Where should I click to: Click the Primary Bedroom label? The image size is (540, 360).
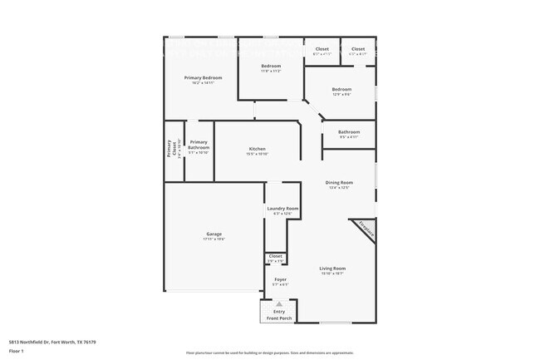(x=203, y=77)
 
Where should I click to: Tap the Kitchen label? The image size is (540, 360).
(x=257, y=149)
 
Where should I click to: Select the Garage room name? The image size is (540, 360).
(x=214, y=234)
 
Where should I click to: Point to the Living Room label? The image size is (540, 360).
(x=332, y=268)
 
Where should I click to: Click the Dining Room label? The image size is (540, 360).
(x=339, y=182)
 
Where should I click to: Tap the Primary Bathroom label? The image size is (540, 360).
(x=199, y=145)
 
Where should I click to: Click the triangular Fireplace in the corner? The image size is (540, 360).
(x=366, y=229)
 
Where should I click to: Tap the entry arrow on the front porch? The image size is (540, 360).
(x=279, y=304)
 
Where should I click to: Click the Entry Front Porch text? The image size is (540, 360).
(x=279, y=315)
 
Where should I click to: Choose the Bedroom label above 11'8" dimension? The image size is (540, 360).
(x=271, y=66)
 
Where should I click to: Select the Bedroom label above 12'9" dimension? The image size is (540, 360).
(x=341, y=89)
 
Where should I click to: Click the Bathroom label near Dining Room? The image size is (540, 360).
(x=349, y=132)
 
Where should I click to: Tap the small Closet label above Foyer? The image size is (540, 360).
(x=276, y=256)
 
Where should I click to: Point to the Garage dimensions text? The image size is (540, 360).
(x=214, y=239)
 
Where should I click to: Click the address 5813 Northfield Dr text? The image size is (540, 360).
(x=52, y=342)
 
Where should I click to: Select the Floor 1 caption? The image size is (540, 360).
(x=17, y=351)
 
